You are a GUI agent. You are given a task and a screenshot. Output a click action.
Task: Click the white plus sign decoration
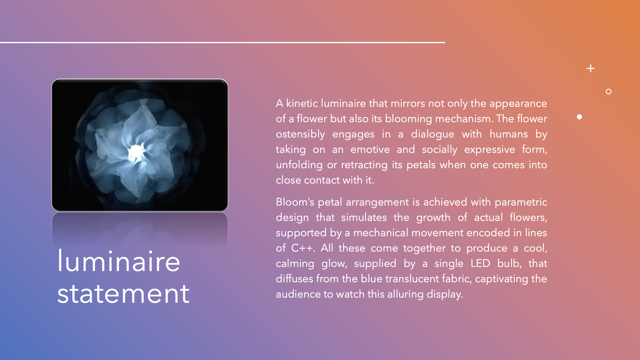coord(590,69)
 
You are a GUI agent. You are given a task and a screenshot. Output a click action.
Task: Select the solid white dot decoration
coord(579,117)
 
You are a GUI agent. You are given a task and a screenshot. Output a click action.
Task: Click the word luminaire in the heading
coord(119,261)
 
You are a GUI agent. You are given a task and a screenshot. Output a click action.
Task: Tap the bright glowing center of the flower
coord(136,152)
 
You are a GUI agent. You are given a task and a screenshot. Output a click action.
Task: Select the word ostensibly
coord(300,134)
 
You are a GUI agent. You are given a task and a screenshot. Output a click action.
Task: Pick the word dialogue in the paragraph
coord(432,134)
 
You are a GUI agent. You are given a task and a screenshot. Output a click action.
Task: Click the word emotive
coord(370,150)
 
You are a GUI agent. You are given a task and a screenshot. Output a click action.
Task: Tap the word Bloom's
coord(295,202)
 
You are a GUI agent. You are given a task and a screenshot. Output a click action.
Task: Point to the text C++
coord(302,248)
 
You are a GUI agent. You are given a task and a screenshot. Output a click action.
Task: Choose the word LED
coord(480,263)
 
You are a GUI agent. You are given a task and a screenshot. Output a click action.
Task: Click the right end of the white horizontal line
coord(444,42)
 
